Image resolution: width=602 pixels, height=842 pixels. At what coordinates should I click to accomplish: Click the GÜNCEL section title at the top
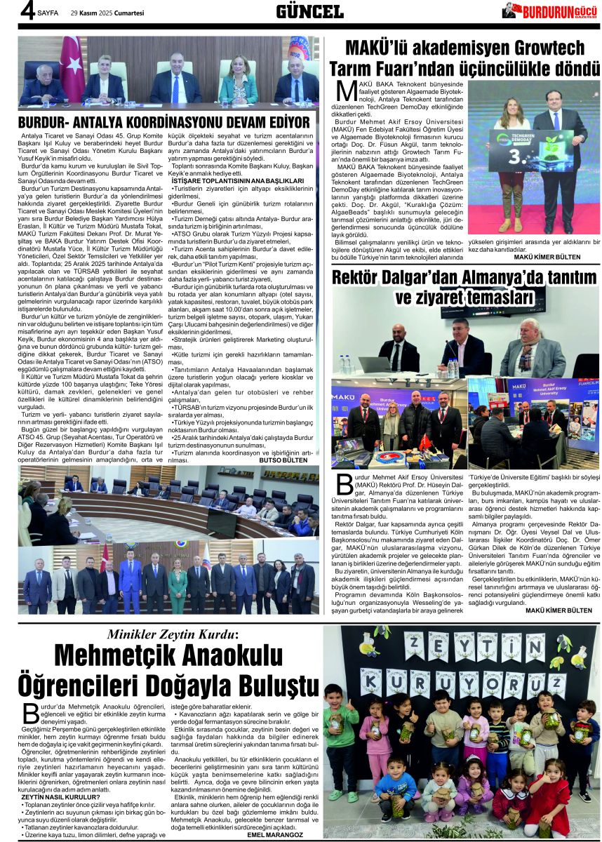coord(309,11)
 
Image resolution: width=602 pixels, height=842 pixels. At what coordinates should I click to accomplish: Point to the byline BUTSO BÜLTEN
coord(283,460)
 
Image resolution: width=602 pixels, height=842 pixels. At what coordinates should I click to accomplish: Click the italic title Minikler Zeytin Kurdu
coord(172,634)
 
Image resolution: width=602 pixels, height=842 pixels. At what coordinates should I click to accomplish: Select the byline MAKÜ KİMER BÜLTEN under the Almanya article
coord(554,610)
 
